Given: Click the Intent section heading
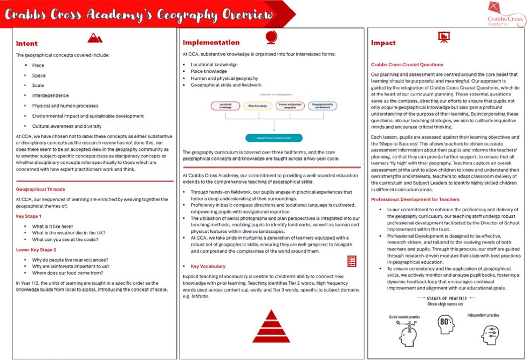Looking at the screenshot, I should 26,43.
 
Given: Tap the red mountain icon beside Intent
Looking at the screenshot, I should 95,37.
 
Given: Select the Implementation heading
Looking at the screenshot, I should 211,42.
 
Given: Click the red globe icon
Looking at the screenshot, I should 271,37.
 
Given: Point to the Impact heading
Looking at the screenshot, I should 383,43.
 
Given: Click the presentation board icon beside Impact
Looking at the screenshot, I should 444,37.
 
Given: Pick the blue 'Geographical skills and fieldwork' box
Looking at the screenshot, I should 323,106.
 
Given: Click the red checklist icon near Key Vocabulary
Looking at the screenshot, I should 351,261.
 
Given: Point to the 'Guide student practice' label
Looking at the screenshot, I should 403,317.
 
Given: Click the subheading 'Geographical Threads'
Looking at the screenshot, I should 40,189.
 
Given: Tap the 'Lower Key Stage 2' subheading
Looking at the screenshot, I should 37,250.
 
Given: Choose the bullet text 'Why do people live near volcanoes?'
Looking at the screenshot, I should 70,260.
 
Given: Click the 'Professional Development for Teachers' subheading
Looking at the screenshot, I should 416,199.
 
